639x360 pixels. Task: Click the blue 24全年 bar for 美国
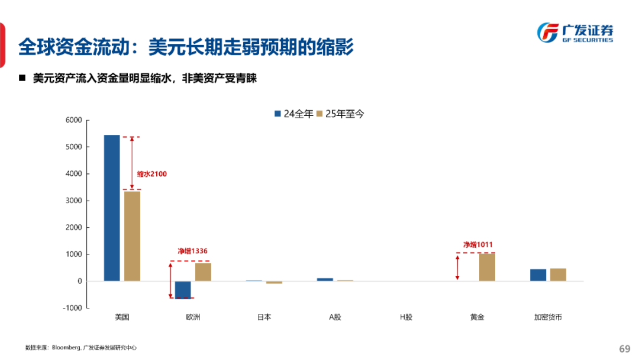pos(112,207)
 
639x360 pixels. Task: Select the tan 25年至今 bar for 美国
pos(132,236)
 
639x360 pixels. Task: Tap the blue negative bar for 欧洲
pos(183,290)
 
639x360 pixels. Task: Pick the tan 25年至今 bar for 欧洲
pos(203,272)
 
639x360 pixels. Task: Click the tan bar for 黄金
pos(487,267)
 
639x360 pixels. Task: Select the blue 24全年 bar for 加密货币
pos(538,275)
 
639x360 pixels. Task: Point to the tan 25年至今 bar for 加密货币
pos(558,275)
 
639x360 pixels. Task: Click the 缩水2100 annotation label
pos(152,174)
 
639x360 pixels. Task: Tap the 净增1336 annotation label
pos(193,251)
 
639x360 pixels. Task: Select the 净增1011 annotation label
pos(477,245)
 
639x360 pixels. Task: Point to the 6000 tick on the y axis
pos(74,120)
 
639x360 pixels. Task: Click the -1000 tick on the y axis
pos(72,308)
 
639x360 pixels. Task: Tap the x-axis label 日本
pos(264,317)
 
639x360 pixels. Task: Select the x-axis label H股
pos(406,317)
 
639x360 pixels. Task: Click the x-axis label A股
pos(335,317)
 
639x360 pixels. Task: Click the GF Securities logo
pos(575,33)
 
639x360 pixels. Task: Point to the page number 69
pos(625,349)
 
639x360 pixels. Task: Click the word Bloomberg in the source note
pos(66,348)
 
